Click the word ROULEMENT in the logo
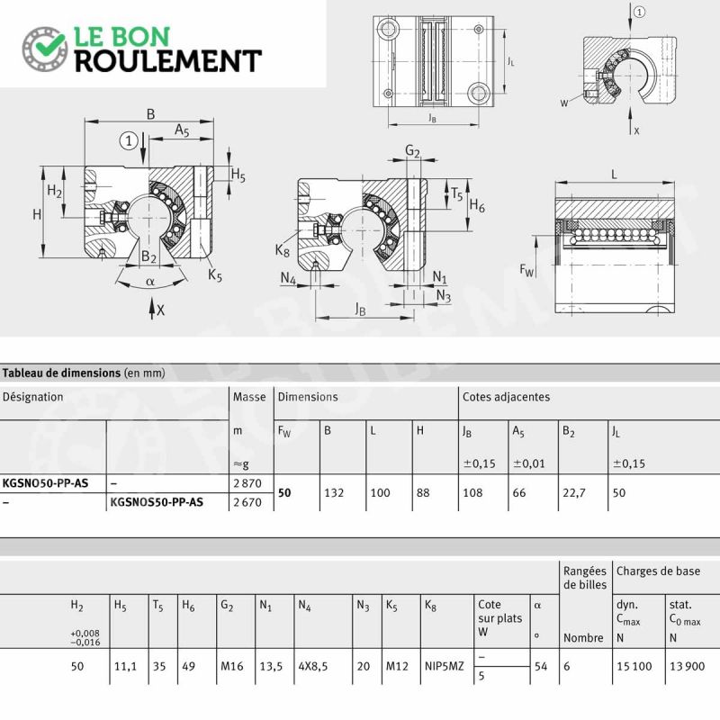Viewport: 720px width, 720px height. (x=168, y=61)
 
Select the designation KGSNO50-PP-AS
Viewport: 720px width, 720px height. (x=46, y=483)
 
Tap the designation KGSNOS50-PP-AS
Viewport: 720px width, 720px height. (x=157, y=502)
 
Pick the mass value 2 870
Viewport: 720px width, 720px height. (x=247, y=483)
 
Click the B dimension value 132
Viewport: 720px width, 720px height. (x=334, y=492)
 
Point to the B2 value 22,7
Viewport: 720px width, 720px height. (x=574, y=492)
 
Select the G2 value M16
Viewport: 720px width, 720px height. (x=232, y=666)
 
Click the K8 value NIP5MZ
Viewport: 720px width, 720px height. (x=444, y=666)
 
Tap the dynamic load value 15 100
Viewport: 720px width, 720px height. (x=634, y=666)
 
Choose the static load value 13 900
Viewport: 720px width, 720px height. (x=687, y=666)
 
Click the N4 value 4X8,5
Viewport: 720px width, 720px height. (x=313, y=666)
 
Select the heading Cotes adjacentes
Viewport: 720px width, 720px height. (x=506, y=397)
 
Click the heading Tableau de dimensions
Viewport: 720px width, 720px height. (x=61, y=373)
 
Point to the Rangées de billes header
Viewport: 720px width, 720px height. (x=585, y=578)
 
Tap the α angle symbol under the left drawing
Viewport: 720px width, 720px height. (x=149, y=282)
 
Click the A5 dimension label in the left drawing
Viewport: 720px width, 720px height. (x=182, y=130)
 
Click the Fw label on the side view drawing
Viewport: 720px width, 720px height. (x=526, y=270)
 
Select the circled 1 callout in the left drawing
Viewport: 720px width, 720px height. (x=129, y=140)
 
